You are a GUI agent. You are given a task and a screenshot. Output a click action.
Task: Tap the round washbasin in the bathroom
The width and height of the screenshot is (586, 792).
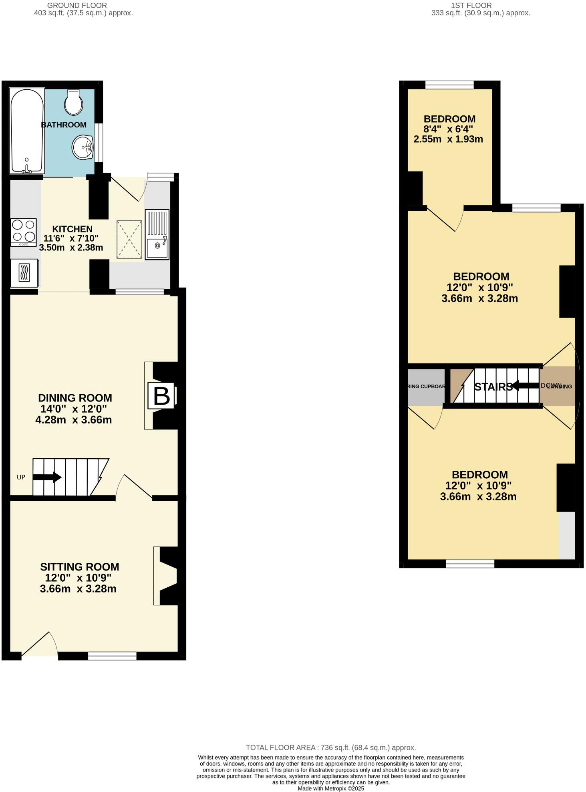point(83,147)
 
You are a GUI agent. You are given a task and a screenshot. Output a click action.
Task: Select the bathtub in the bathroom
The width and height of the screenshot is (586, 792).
point(26,131)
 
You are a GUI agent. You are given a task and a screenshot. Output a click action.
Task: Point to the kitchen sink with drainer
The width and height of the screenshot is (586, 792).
point(157,234)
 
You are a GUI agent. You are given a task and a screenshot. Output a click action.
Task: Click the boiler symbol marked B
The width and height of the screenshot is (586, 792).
point(161,396)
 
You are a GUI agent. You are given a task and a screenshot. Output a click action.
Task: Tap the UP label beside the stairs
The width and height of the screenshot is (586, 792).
point(21,477)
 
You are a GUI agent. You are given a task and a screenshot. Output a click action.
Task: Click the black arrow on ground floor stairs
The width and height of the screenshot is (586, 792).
point(47,477)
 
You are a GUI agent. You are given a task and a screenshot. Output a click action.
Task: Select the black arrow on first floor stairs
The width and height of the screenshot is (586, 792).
point(525,386)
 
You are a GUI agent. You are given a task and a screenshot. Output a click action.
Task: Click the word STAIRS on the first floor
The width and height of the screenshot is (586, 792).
point(493,387)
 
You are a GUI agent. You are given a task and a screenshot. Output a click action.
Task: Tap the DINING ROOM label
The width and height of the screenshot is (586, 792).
point(75,398)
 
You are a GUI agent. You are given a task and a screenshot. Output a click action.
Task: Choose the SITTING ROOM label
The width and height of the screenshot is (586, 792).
point(79,567)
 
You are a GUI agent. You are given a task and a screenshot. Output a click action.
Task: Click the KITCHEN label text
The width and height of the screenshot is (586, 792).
point(72,229)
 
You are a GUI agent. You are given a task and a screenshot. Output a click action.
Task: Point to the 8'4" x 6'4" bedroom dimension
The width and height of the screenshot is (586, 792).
point(448,129)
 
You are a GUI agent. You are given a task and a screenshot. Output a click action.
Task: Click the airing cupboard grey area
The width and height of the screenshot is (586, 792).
point(426,387)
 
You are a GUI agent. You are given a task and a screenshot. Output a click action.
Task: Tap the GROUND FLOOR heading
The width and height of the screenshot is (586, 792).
point(77,6)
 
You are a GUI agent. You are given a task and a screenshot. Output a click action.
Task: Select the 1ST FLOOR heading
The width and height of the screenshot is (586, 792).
point(471,6)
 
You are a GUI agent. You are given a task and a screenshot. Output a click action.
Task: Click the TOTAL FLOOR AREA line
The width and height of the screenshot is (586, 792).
point(331,748)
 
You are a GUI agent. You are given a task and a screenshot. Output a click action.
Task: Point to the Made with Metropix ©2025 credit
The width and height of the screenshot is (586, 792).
point(331,788)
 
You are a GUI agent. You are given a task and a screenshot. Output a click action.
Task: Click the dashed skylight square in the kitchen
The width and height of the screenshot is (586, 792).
point(129,239)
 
